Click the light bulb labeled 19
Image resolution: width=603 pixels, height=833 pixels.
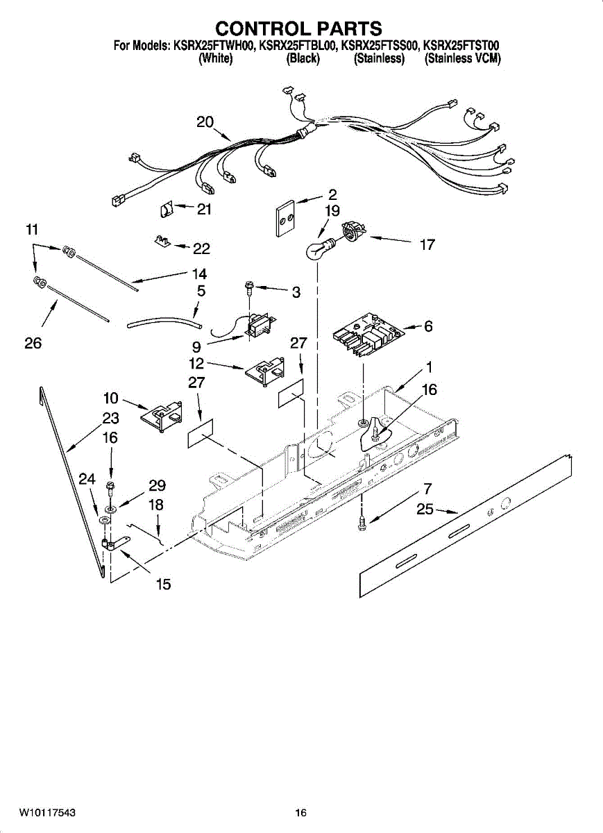(x=319, y=248)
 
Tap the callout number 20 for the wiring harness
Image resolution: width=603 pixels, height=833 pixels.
(x=205, y=122)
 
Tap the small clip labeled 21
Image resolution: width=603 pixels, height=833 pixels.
(x=166, y=208)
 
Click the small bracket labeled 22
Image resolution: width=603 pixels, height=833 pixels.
(x=162, y=241)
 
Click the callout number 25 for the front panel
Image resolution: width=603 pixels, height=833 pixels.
(x=425, y=510)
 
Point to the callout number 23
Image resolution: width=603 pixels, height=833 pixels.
(x=110, y=419)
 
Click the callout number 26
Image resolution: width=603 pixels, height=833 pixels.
(x=33, y=343)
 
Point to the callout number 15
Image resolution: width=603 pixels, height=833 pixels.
(x=163, y=584)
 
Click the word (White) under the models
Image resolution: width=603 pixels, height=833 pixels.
(x=215, y=59)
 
